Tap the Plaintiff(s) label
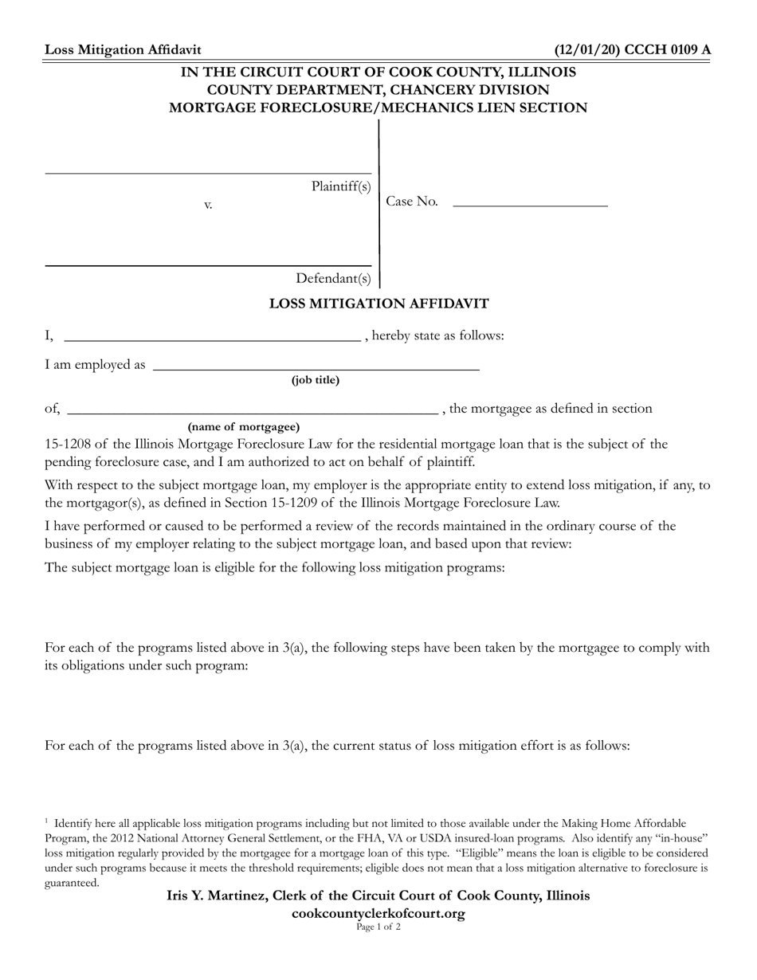pos(341,186)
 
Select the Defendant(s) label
pos(333,278)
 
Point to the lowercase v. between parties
pos(208,205)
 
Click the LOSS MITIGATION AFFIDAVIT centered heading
pos(378,304)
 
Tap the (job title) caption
pos(316,380)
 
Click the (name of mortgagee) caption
pos(244,426)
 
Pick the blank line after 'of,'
pos(253,413)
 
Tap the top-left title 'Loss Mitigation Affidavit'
pos(123,50)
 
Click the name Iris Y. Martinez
pos(214,896)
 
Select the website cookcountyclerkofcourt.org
pos(378,913)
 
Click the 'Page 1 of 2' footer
pos(378,927)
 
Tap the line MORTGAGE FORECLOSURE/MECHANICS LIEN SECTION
pos(378,108)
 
